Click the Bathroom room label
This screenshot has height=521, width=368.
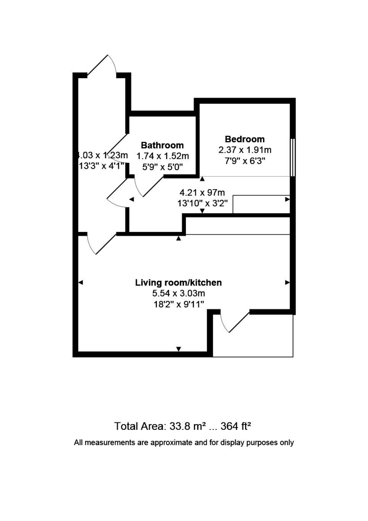[x=162, y=145]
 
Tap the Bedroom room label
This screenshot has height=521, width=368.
[x=245, y=139]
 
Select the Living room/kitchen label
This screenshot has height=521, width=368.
[x=179, y=283]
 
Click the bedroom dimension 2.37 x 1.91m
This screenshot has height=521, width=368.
[x=245, y=150]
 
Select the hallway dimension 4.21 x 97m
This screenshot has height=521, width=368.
[x=202, y=192]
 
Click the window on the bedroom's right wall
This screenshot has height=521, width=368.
[x=293, y=157]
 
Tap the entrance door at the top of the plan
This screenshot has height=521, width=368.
[x=103, y=66]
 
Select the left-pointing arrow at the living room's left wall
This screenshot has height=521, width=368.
[x=80, y=283]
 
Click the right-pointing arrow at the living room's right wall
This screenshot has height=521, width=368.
[x=287, y=283]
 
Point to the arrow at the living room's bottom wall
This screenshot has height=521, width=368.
[x=179, y=349]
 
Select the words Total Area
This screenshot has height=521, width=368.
[x=138, y=426]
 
